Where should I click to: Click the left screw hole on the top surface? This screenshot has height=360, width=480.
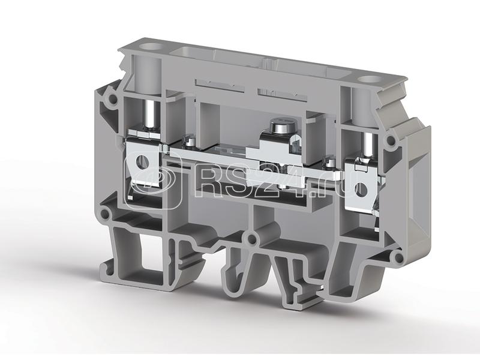151,47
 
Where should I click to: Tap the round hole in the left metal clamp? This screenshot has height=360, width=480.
141,160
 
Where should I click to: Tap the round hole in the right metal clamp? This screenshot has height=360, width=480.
361,189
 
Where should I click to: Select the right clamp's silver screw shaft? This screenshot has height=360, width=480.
368,145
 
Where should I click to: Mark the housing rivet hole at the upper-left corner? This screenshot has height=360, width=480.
113,98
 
